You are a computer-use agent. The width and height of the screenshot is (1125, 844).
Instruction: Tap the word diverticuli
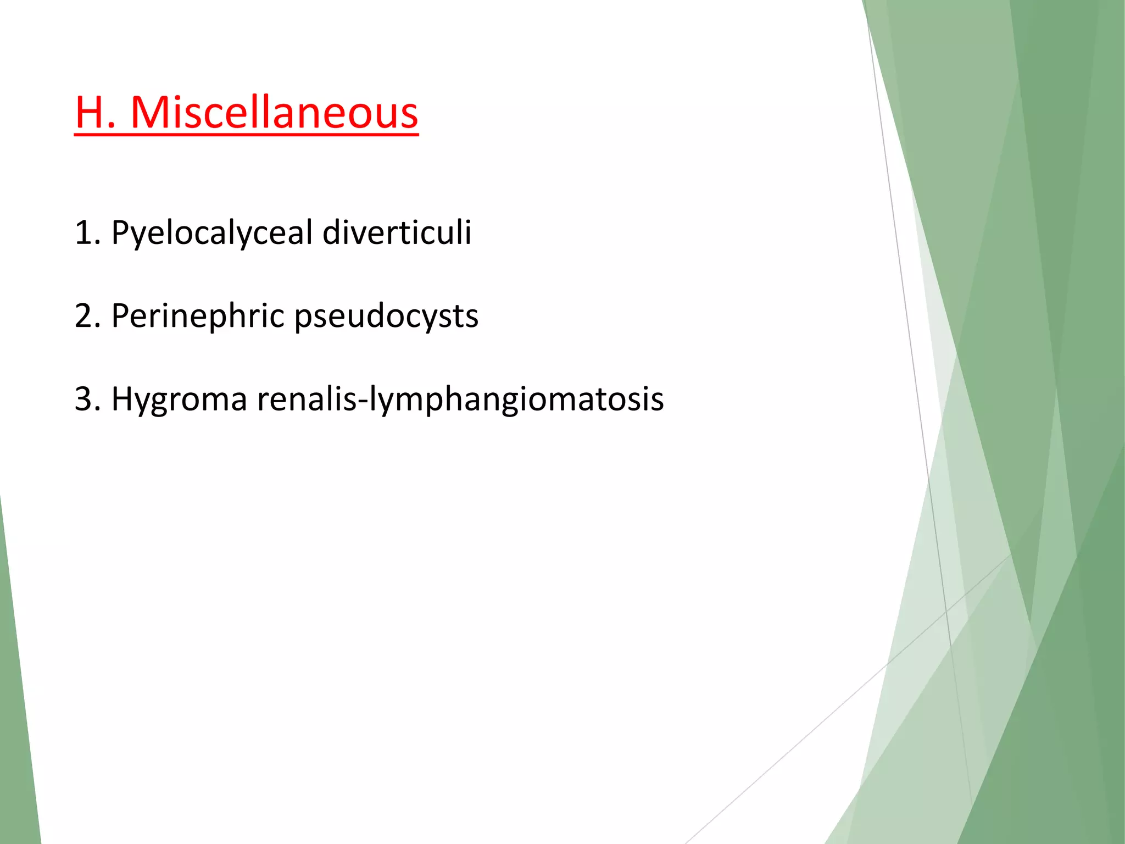[397, 232]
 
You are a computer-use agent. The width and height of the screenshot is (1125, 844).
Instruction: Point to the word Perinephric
[198, 316]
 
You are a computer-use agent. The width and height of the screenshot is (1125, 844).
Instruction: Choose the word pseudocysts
[386, 316]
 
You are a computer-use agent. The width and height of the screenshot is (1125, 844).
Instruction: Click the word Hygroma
[179, 400]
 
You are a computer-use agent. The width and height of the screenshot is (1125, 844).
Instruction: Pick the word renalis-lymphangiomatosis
[460, 400]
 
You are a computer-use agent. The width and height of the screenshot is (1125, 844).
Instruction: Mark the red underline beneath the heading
[247, 134]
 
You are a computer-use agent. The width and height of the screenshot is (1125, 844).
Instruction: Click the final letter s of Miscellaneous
[409, 116]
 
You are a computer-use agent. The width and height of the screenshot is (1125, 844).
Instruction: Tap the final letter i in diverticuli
[467, 232]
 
